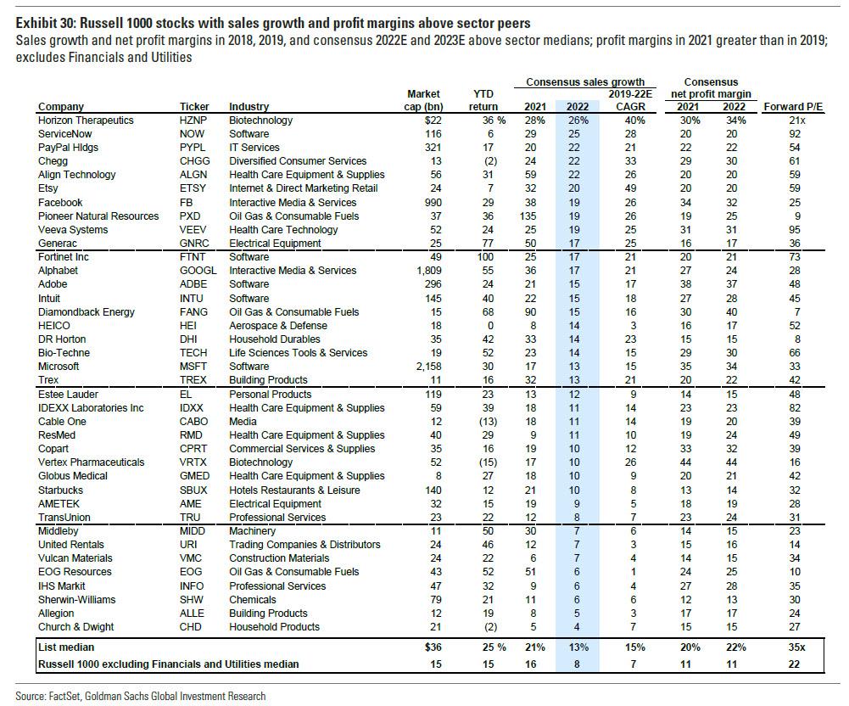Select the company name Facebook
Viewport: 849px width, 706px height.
click(60, 203)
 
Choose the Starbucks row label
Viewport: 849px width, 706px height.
click(62, 490)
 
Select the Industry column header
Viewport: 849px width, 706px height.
click(249, 107)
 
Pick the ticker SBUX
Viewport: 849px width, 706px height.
click(194, 490)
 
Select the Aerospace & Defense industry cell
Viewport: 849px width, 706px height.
click(276, 326)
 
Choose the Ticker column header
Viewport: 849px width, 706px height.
click(194, 107)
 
